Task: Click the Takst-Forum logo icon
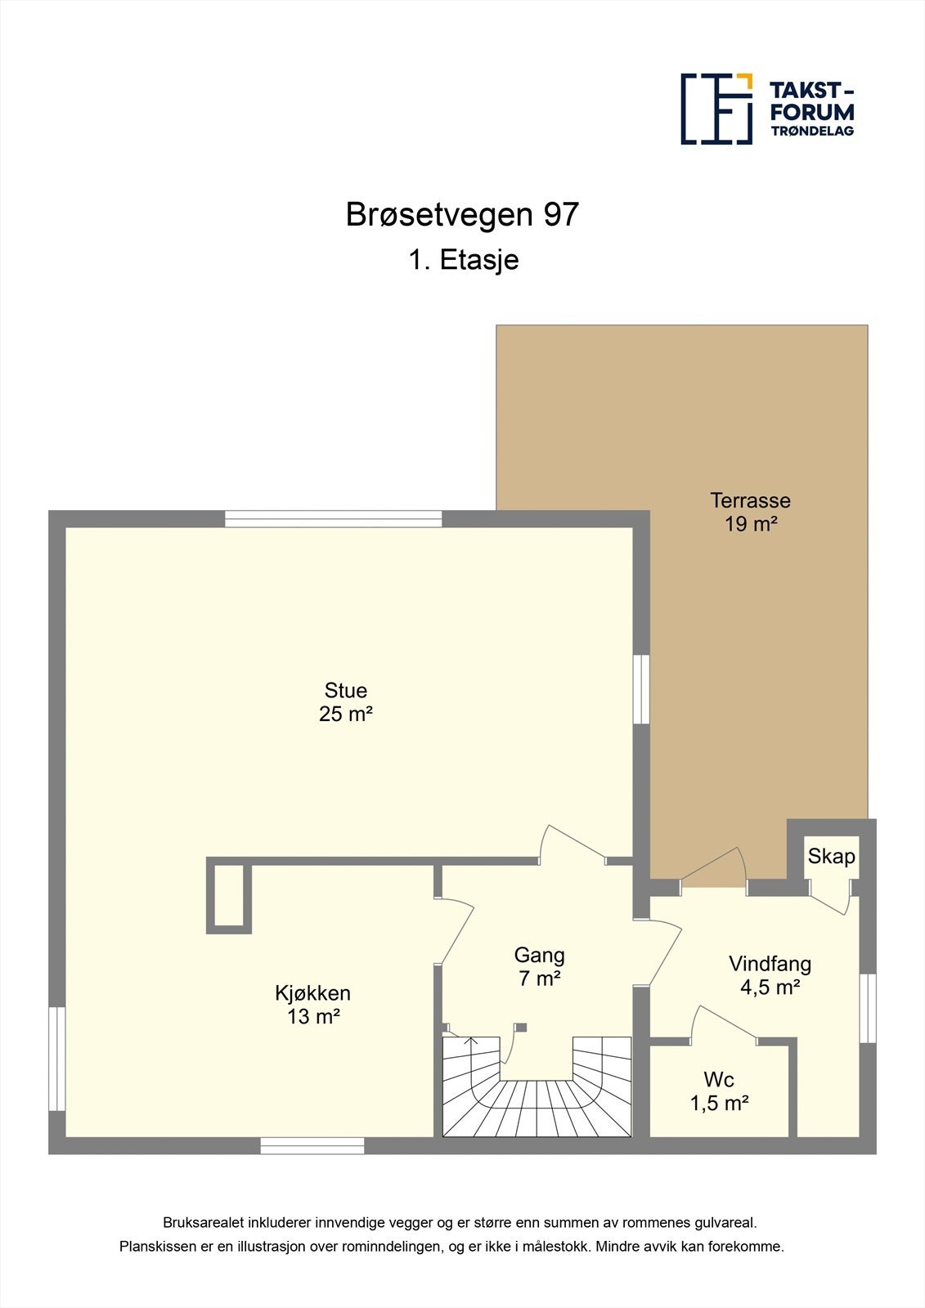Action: coord(716,109)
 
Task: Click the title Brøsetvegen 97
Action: coord(462,215)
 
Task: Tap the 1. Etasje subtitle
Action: coord(464,260)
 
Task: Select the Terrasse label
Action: coord(750,499)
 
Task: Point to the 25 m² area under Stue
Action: coord(346,714)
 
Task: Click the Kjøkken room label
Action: coord(312,993)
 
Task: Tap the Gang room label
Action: coord(539,955)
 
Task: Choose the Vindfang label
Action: coord(770,964)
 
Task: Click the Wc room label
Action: coord(719,1080)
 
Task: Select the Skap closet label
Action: coord(831,856)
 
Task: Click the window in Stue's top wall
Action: coord(333,518)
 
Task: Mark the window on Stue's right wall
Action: coord(641,688)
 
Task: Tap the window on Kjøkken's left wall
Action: coord(56,1058)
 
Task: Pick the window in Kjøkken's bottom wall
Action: coord(312,1146)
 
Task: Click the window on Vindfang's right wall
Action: coord(868,1007)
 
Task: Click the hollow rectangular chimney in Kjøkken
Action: coord(229,896)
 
